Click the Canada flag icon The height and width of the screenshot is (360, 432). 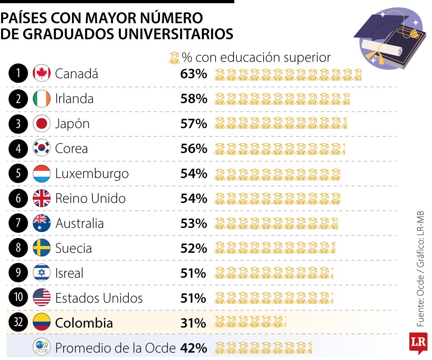point(42,74)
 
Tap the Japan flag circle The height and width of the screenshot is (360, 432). point(42,124)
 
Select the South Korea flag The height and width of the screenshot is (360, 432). point(42,148)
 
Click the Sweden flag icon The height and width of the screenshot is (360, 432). point(42,248)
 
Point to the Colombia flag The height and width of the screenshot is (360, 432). point(42,322)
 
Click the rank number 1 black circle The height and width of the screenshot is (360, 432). point(18,74)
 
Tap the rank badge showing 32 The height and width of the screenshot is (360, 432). point(18,322)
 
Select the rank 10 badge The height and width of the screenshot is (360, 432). point(18,298)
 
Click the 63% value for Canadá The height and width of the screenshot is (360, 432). point(194,74)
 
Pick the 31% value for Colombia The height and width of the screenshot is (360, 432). point(194,323)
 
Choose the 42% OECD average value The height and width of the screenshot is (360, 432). point(194,348)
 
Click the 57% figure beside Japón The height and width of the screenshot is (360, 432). point(194,124)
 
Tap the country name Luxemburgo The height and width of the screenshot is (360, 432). point(92,174)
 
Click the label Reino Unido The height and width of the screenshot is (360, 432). point(90,198)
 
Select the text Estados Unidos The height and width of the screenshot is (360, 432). point(99,298)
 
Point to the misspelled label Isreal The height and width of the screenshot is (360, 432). point(69,273)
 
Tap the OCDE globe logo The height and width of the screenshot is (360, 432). point(42,347)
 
